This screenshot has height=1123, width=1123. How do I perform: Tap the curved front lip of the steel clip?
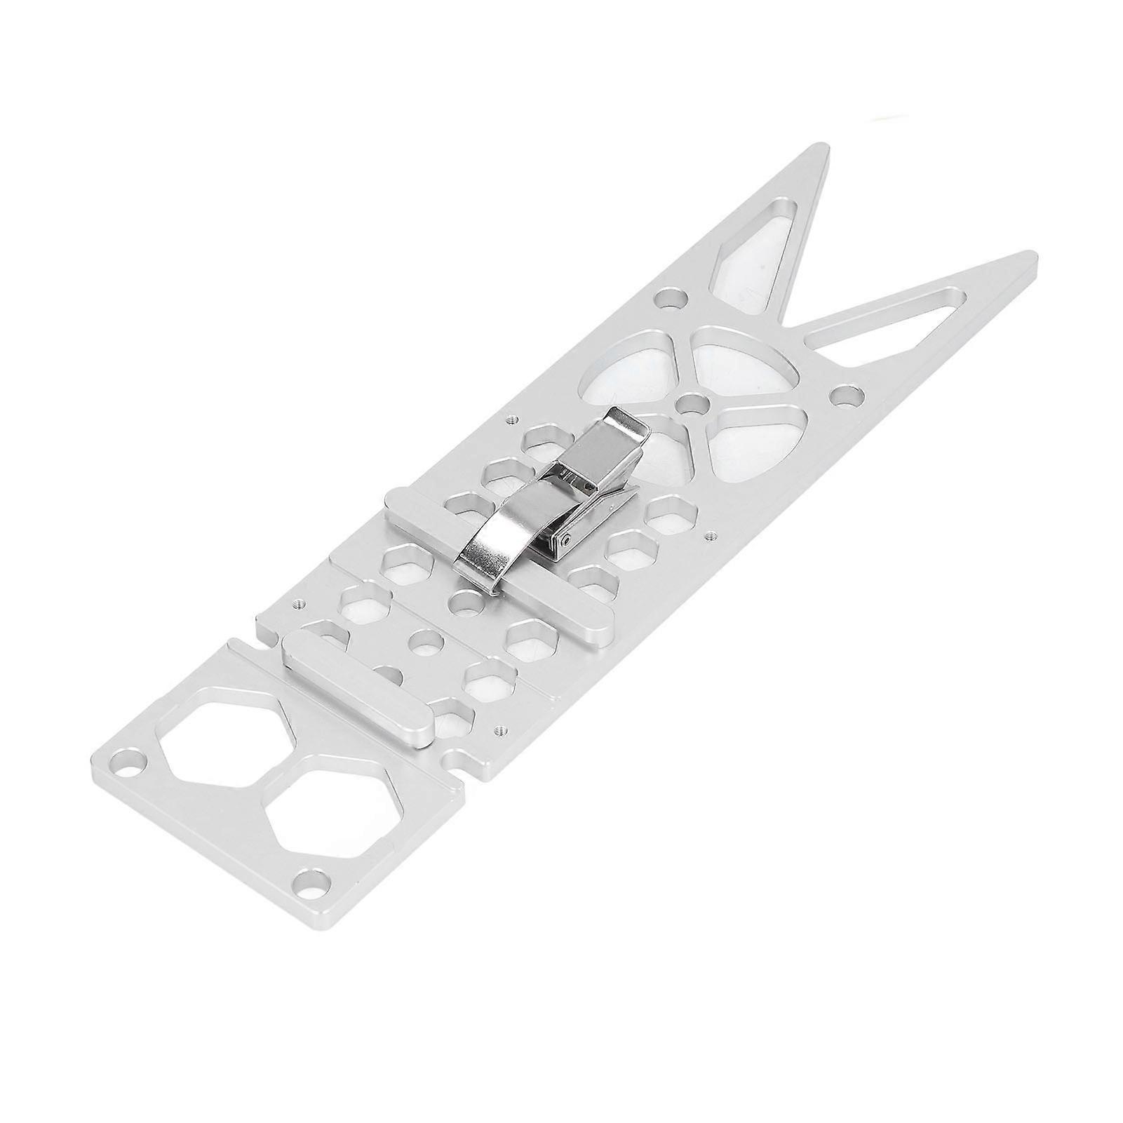point(484,561)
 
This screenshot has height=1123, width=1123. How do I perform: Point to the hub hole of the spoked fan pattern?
point(694,405)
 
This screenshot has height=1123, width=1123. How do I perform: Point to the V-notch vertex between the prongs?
point(796,323)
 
